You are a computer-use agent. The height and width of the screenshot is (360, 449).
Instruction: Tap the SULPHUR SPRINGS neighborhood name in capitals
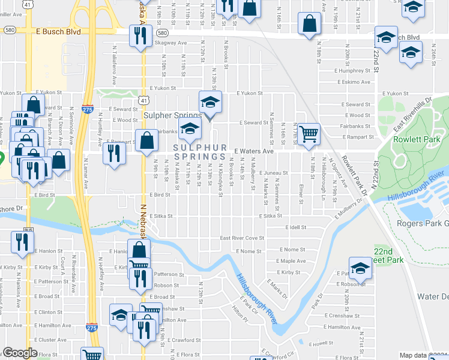tap(200, 152)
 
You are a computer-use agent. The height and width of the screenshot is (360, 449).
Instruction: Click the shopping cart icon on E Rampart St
tap(309, 134)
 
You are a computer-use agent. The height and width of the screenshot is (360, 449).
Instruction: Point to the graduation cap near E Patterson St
tap(360, 268)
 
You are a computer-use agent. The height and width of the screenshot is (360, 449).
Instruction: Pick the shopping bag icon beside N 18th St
tap(309, 24)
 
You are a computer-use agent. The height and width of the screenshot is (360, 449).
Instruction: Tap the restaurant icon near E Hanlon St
tap(22, 242)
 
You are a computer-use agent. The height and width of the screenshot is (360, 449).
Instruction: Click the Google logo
tap(20, 353)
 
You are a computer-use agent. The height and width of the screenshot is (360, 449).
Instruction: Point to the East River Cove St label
tap(241, 238)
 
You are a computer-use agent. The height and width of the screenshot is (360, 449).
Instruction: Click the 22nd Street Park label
tap(388, 256)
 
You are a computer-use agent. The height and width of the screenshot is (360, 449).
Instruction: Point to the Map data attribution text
tap(414, 355)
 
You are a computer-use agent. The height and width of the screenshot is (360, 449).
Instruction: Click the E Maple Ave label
tap(293, 261)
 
